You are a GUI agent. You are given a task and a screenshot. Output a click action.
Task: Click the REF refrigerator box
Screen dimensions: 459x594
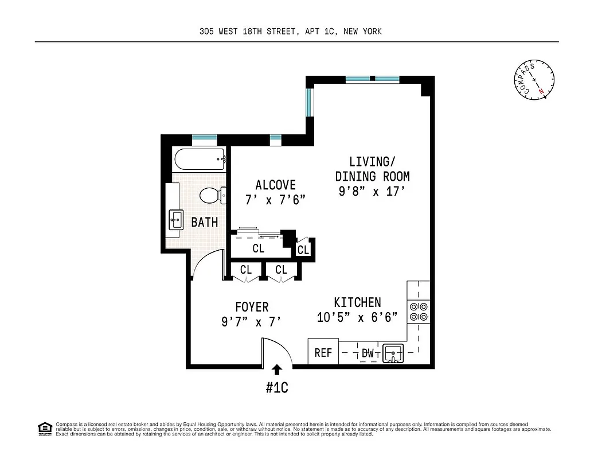click(x=323, y=352)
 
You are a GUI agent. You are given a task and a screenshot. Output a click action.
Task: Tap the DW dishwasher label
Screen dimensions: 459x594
click(x=368, y=354)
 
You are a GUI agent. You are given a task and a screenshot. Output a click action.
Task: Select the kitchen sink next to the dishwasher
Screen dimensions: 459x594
click(x=393, y=352)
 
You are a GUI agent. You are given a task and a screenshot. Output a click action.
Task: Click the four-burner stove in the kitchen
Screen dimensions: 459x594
click(x=418, y=311)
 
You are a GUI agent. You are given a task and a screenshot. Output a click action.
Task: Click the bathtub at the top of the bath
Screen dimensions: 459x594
click(x=199, y=158)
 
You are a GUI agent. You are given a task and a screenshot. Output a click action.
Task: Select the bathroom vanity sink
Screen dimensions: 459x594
click(x=175, y=219)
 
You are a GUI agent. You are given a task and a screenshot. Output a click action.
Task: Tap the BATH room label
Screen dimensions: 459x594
click(x=205, y=222)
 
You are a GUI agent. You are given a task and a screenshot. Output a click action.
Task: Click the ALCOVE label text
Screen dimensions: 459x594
click(x=276, y=185)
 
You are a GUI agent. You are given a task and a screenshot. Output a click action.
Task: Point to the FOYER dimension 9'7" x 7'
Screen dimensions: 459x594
click(x=251, y=322)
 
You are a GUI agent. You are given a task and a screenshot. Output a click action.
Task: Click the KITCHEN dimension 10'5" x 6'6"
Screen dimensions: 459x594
click(x=357, y=317)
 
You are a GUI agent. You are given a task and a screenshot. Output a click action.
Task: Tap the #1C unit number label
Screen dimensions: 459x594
click(x=276, y=388)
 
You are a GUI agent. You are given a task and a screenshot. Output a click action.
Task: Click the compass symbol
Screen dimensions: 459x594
click(x=534, y=79)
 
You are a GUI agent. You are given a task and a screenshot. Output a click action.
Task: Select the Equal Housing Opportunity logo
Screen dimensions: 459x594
click(x=44, y=428)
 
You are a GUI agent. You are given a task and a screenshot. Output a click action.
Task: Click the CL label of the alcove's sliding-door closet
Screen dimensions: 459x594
click(x=258, y=249)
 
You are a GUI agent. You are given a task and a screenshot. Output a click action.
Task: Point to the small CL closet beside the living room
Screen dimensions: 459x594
click(x=303, y=250)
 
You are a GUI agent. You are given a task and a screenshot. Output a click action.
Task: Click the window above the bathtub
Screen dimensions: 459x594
click(x=204, y=138)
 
